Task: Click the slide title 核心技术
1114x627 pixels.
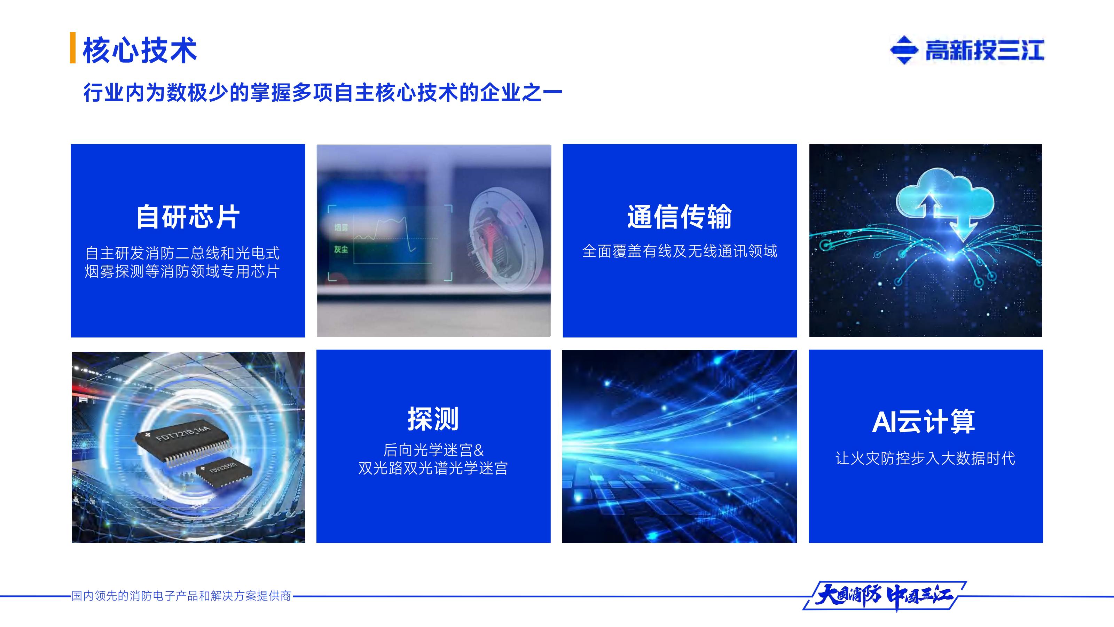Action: (140, 50)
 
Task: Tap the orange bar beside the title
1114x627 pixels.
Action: (73, 48)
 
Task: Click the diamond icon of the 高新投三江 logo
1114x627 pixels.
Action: (903, 50)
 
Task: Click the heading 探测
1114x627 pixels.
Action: (433, 419)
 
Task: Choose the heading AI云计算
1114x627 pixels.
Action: (924, 421)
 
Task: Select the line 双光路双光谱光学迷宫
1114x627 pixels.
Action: (433, 468)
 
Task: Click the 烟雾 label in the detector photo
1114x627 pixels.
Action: (341, 227)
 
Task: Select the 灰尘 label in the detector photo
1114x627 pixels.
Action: (341, 249)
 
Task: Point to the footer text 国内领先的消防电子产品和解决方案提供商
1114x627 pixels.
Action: (181, 596)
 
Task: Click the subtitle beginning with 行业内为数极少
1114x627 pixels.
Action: (322, 93)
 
